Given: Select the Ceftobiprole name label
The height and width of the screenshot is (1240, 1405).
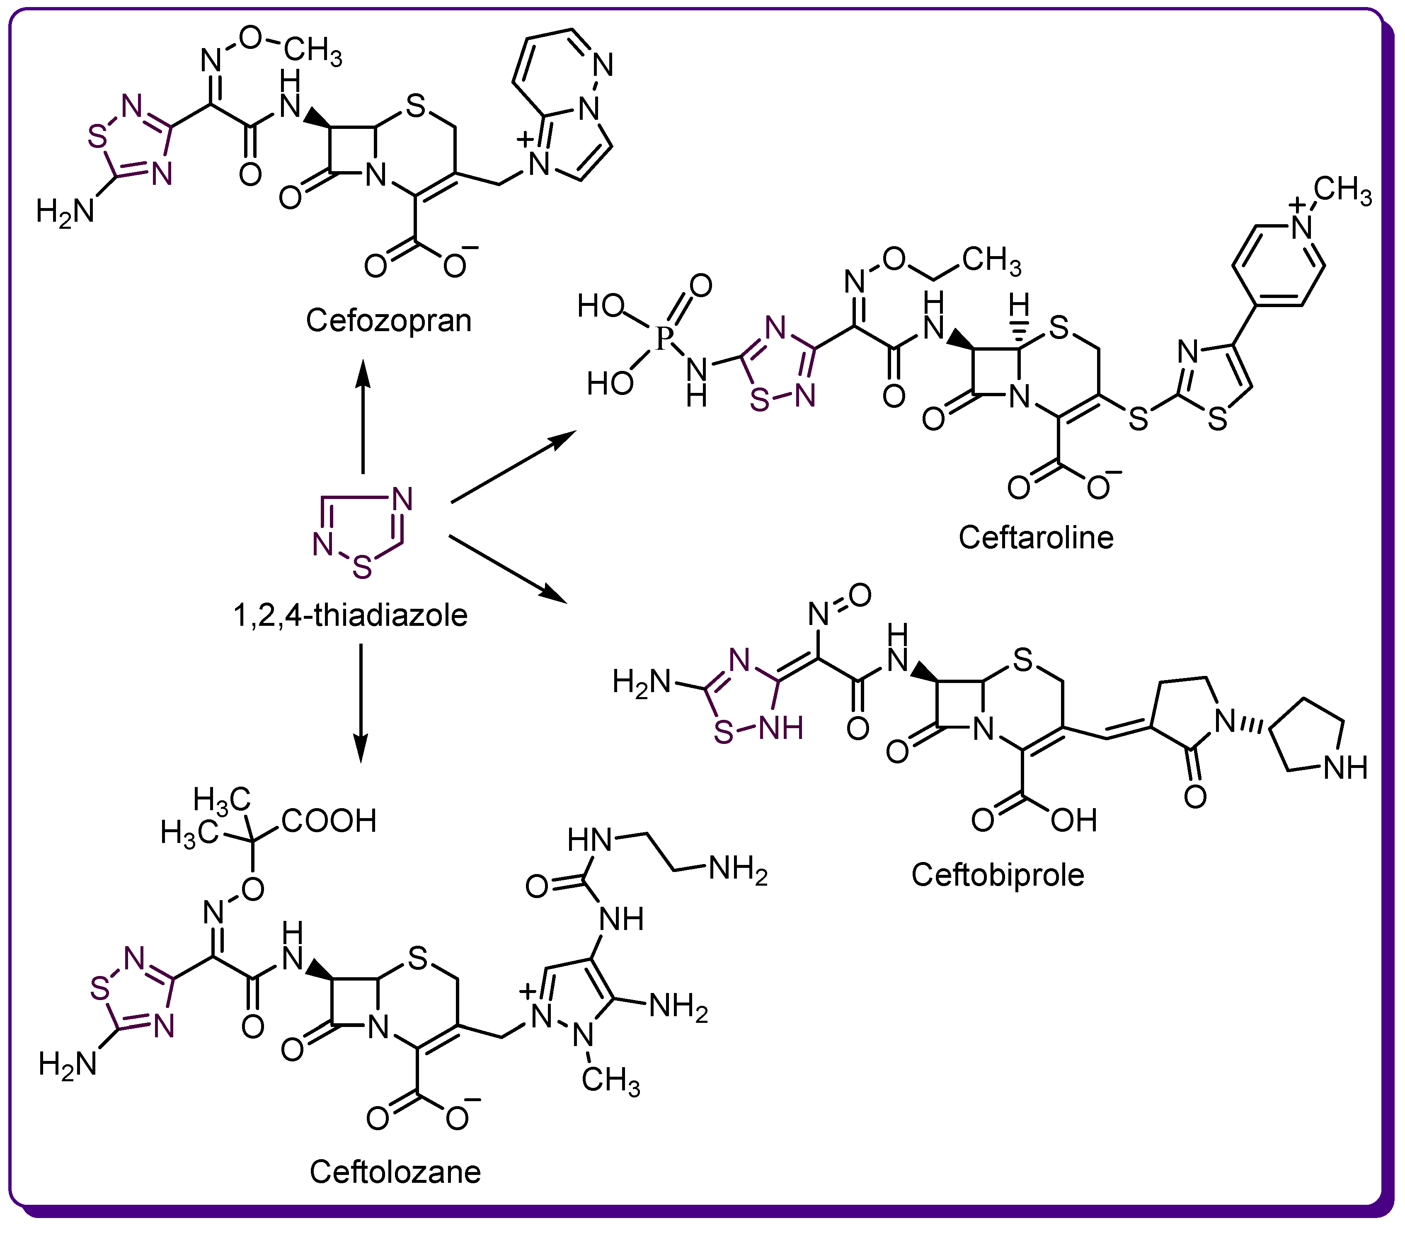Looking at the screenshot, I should coord(998,874).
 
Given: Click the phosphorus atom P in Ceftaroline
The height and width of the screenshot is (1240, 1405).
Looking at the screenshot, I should coord(663,338).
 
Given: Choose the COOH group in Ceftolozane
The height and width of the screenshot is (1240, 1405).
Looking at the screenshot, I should coord(329,820).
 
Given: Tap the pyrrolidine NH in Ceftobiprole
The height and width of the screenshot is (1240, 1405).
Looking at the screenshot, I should coord(1345,768).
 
